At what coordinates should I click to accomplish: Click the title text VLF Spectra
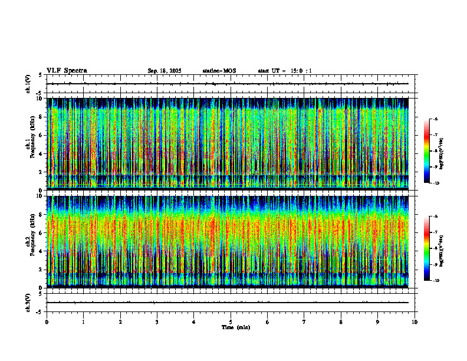pyautogui.click(x=67, y=71)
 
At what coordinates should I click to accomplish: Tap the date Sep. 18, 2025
pyautogui.click(x=165, y=71)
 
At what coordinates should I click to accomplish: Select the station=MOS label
pyautogui.click(x=219, y=71)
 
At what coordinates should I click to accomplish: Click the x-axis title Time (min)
pyautogui.click(x=235, y=327)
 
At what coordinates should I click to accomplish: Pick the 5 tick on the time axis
pyautogui.click(x=231, y=321)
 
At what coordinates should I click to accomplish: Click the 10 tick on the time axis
pyautogui.click(x=415, y=321)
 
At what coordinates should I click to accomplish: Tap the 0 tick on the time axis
pyautogui.click(x=47, y=321)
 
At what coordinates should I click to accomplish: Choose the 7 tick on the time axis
pyautogui.click(x=304, y=321)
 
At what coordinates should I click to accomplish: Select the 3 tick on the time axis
pyautogui.click(x=157, y=321)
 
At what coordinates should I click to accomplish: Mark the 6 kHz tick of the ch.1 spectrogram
pyautogui.click(x=41, y=135)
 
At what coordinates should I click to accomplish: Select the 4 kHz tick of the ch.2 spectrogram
pyautogui.click(x=41, y=251)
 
